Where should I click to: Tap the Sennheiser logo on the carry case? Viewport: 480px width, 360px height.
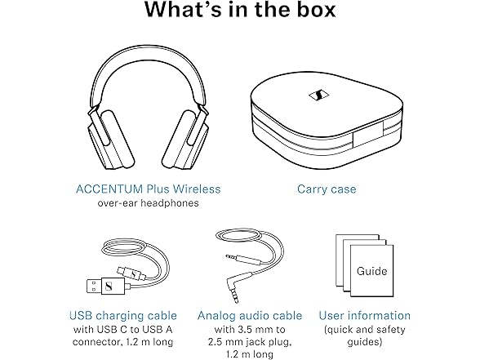pyautogui.click(x=318, y=96)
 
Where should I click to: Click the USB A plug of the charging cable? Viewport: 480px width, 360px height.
pyautogui.click(x=105, y=286)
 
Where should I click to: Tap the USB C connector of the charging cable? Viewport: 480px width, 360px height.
pyautogui.click(x=132, y=273)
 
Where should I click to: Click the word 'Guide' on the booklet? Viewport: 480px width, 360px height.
pyautogui.click(x=371, y=271)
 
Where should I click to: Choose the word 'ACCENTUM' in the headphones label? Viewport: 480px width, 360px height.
pyautogui.click(x=109, y=189)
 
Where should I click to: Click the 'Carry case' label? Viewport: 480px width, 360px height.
pyautogui.click(x=327, y=189)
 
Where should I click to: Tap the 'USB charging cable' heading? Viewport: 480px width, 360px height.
pyautogui.click(x=123, y=315)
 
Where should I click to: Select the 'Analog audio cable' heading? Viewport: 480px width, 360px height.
pyautogui.click(x=250, y=315)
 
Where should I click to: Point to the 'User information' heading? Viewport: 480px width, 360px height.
pyautogui.click(x=365, y=315)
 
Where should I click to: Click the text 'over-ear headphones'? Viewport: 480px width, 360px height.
pyautogui.click(x=149, y=203)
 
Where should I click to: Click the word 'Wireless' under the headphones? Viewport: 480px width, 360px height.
pyautogui.click(x=197, y=189)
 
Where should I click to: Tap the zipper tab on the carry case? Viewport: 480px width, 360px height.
pyautogui.click(x=368, y=134)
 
